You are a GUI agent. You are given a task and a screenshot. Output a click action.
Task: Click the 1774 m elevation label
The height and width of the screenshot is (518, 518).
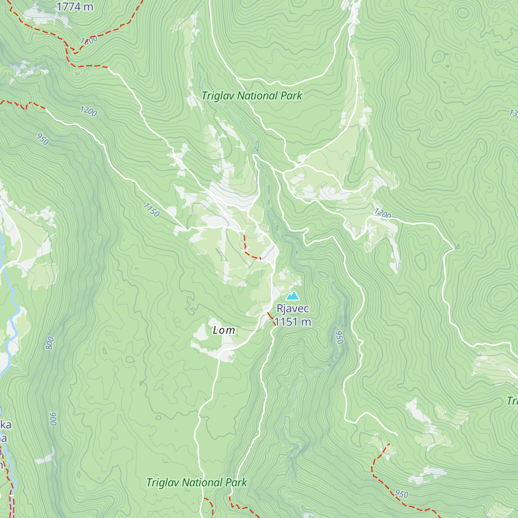point(75,6)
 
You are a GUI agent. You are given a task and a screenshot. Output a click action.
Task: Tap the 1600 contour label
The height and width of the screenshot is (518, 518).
point(89,41)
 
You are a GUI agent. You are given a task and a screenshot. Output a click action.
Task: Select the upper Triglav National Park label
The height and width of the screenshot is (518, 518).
point(252,96)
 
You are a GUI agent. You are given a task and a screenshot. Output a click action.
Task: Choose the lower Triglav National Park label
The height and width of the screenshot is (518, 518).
point(196,483)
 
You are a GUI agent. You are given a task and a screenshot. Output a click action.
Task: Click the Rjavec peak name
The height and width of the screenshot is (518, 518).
point(293,309)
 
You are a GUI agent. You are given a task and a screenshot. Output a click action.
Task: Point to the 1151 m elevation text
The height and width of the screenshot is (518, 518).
point(293,322)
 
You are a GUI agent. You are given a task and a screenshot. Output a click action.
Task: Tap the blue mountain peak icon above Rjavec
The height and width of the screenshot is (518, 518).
point(293,296)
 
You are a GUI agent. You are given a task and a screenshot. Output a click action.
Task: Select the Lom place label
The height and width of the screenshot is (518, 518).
point(224,330)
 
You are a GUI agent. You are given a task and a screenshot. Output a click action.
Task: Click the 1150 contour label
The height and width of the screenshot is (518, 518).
point(151,210)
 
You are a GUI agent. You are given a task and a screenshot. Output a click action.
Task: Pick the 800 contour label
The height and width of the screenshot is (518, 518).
point(50,343)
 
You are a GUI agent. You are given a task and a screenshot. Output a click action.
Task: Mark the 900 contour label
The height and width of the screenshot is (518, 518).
point(53,419)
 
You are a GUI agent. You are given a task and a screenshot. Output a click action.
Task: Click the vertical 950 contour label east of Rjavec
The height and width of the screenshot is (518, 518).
point(339,337)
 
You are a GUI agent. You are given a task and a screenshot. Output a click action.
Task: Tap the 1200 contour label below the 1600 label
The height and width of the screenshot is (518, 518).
point(88,111)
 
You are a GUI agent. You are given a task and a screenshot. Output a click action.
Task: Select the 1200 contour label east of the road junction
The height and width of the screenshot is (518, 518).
point(382,213)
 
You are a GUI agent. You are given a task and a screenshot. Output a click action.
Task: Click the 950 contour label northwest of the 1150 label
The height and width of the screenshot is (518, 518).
point(42,139)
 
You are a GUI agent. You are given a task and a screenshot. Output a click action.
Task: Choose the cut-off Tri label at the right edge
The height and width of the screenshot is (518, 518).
point(512,401)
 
